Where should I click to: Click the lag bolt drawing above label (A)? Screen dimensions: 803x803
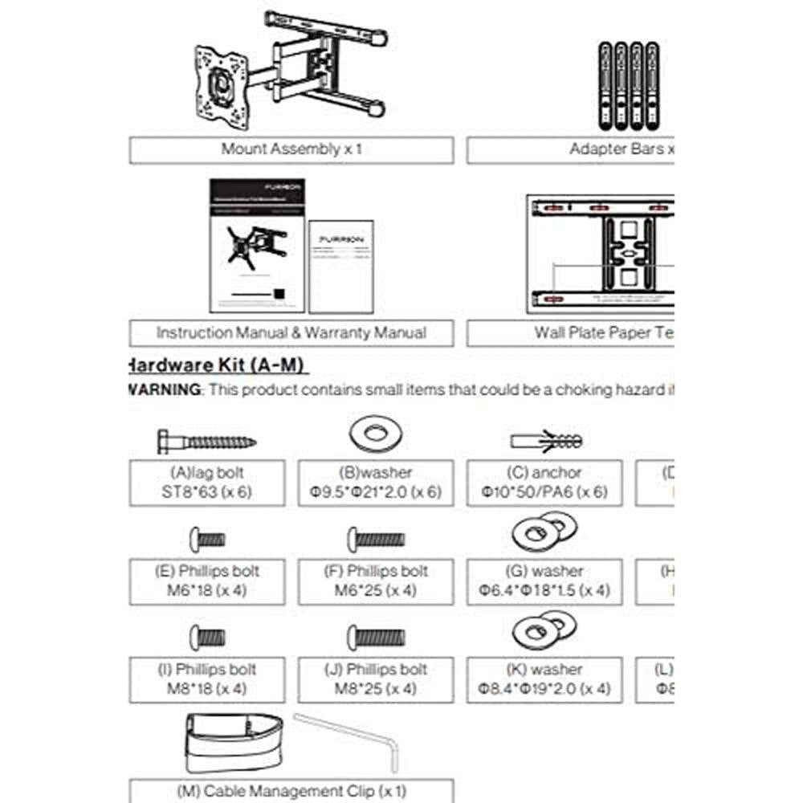(x=206, y=441)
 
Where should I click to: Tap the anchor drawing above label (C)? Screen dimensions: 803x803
(x=546, y=441)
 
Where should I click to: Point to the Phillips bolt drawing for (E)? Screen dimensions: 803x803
(x=207, y=539)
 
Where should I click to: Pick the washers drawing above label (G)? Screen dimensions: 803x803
(x=544, y=532)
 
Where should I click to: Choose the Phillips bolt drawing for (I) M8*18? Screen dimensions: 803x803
(x=207, y=638)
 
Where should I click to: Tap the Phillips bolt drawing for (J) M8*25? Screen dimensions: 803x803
(x=376, y=638)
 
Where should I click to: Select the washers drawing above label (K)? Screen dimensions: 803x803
(x=544, y=630)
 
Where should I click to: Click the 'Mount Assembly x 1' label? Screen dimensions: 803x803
(x=291, y=149)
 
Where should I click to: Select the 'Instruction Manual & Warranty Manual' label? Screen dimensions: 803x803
(x=291, y=332)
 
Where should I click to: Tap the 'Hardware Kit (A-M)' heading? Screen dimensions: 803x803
(x=217, y=365)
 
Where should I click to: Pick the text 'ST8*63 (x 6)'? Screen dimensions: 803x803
(x=207, y=492)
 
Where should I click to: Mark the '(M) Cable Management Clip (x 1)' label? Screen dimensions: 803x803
(x=291, y=791)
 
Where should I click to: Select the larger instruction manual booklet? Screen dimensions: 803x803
(x=257, y=245)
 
